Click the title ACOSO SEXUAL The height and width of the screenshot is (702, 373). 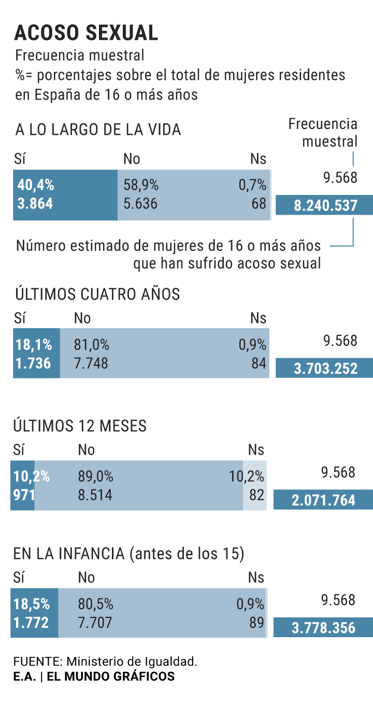(x=86, y=32)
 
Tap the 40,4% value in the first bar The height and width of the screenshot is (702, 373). (x=36, y=185)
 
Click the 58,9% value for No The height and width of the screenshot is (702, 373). (x=141, y=185)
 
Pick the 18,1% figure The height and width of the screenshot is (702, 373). (x=34, y=345)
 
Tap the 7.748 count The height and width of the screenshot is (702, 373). (x=91, y=363)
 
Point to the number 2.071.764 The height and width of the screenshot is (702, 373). (x=324, y=500)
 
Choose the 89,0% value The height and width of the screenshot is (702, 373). (x=95, y=476)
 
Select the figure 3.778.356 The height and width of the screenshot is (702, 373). (x=324, y=628)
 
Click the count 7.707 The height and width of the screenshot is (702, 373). (x=95, y=622)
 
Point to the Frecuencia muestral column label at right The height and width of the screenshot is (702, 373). (x=323, y=132)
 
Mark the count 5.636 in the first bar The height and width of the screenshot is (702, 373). (x=140, y=203)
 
